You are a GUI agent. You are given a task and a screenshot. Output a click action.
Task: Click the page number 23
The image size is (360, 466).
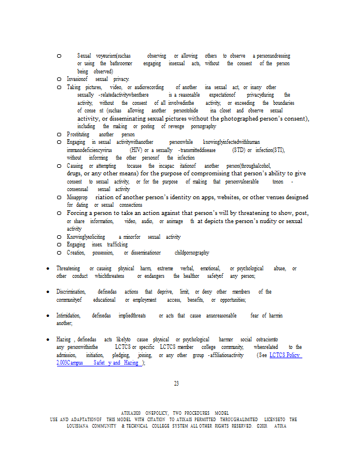176,383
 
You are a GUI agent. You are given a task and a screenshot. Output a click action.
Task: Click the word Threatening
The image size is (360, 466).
68,268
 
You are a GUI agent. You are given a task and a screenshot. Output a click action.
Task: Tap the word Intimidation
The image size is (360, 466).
69,315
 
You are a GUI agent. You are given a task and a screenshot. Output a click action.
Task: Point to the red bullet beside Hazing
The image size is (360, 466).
48,338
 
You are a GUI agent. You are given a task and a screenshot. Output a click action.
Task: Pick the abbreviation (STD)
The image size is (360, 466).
238,150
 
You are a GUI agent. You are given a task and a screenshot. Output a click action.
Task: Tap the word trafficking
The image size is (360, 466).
117,245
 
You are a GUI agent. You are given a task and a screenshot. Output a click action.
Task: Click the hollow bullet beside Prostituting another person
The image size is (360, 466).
59,134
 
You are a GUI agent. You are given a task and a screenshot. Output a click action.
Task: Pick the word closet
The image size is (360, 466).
225,110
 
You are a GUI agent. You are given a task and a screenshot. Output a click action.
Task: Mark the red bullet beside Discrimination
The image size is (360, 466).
48,291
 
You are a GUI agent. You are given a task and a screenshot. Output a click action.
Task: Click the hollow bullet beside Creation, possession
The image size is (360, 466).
59,253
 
